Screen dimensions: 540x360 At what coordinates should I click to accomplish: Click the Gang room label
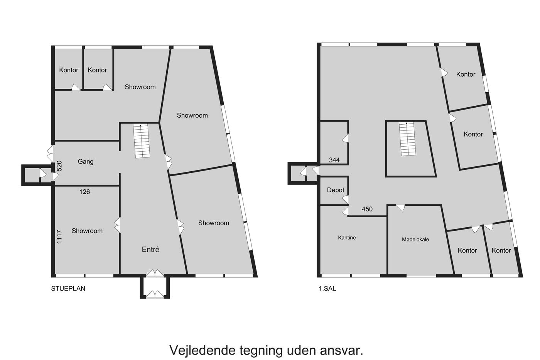click(86, 162)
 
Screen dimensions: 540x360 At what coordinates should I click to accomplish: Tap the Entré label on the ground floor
click(150, 249)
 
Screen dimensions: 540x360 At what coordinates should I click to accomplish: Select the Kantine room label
click(347, 238)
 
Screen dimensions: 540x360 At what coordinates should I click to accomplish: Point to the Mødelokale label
click(415, 240)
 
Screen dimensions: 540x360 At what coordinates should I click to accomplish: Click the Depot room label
click(336, 190)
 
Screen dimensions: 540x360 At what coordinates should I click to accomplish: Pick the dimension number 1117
click(59, 237)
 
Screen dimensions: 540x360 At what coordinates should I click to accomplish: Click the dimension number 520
click(59, 166)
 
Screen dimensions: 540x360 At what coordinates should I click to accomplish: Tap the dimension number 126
click(84, 192)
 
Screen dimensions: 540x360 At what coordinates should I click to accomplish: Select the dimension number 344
click(334, 160)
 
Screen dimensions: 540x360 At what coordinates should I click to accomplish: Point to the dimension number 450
click(367, 209)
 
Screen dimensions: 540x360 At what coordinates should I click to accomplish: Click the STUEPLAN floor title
click(68, 288)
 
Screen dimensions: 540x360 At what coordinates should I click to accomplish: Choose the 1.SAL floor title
click(327, 288)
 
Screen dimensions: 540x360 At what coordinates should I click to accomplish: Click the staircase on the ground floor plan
click(142, 141)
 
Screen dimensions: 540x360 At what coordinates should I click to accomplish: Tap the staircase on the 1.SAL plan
click(408, 139)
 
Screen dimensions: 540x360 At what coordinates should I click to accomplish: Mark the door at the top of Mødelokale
click(400, 208)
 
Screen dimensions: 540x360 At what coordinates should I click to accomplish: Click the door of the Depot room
click(346, 199)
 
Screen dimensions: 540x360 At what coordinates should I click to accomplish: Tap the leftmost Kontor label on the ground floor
click(69, 70)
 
